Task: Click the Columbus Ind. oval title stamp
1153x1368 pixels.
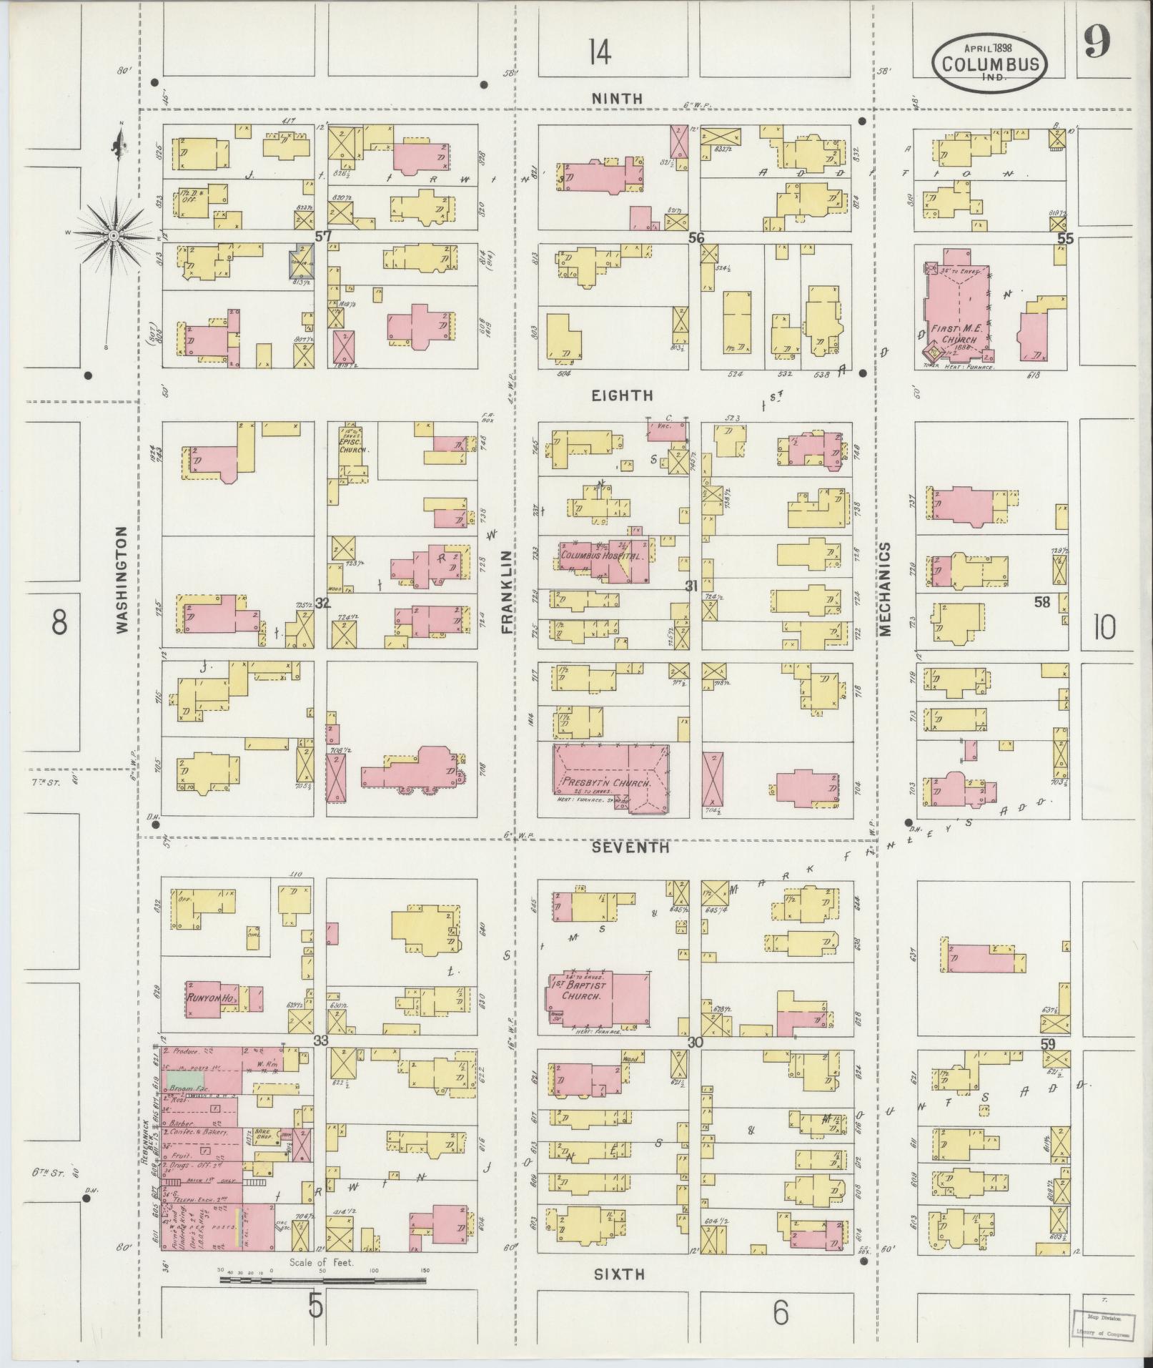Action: (x=989, y=62)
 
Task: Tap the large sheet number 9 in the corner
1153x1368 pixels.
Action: (x=1096, y=45)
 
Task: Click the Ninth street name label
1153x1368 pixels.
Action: (x=617, y=99)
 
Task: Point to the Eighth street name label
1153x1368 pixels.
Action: (x=622, y=395)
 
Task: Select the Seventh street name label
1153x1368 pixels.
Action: (x=630, y=847)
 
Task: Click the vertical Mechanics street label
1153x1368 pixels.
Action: (x=885, y=589)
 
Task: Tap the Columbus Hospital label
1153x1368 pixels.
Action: (x=602, y=555)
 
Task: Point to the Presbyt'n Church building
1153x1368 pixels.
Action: (x=611, y=779)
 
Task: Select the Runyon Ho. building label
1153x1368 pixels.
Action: (x=212, y=997)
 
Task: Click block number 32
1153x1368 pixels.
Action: (x=323, y=603)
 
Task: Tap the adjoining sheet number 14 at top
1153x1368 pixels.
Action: (x=600, y=51)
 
